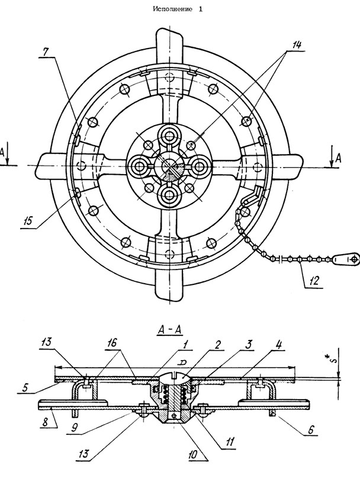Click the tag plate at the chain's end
[x=345, y=259]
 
